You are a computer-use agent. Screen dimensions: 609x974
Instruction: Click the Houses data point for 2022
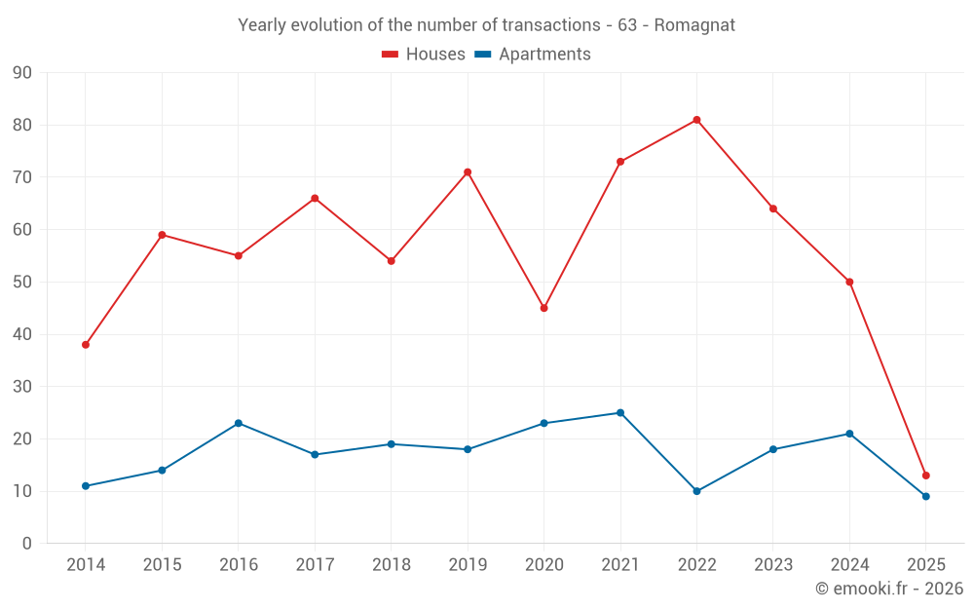click(x=696, y=120)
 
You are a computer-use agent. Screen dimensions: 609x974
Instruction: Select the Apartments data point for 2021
click(x=620, y=413)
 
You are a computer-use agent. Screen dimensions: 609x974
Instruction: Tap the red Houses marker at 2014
click(x=86, y=345)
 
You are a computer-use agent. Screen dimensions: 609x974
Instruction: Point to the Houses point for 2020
click(x=543, y=308)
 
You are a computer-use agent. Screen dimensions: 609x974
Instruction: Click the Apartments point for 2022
click(x=696, y=491)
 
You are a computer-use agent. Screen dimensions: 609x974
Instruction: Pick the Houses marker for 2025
click(x=925, y=476)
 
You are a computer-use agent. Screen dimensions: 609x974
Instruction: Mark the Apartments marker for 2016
click(x=239, y=423)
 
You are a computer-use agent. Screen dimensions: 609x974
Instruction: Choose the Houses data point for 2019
click(x=468, y=172)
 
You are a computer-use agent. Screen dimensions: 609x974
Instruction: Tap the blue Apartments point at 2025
click(x=925, y=496)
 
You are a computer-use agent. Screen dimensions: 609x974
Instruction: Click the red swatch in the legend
click(x=391, y=55)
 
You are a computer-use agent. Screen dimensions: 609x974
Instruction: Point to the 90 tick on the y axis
click(x=22, y=73)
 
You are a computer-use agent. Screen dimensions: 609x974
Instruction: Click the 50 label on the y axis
click(x=22, y=283)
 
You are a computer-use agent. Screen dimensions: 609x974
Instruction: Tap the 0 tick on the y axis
click(x=27, y=544)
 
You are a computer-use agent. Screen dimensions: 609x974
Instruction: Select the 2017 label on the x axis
click(x=315, y=565)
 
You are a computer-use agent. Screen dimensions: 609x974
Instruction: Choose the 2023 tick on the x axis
click(x=773, y=565)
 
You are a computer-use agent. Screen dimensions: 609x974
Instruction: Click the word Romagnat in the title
click(x=693, y=24)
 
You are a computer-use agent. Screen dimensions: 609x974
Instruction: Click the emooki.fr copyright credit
click(x=888, y=589)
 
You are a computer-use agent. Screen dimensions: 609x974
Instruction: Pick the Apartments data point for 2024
click(x=849, y=434)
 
